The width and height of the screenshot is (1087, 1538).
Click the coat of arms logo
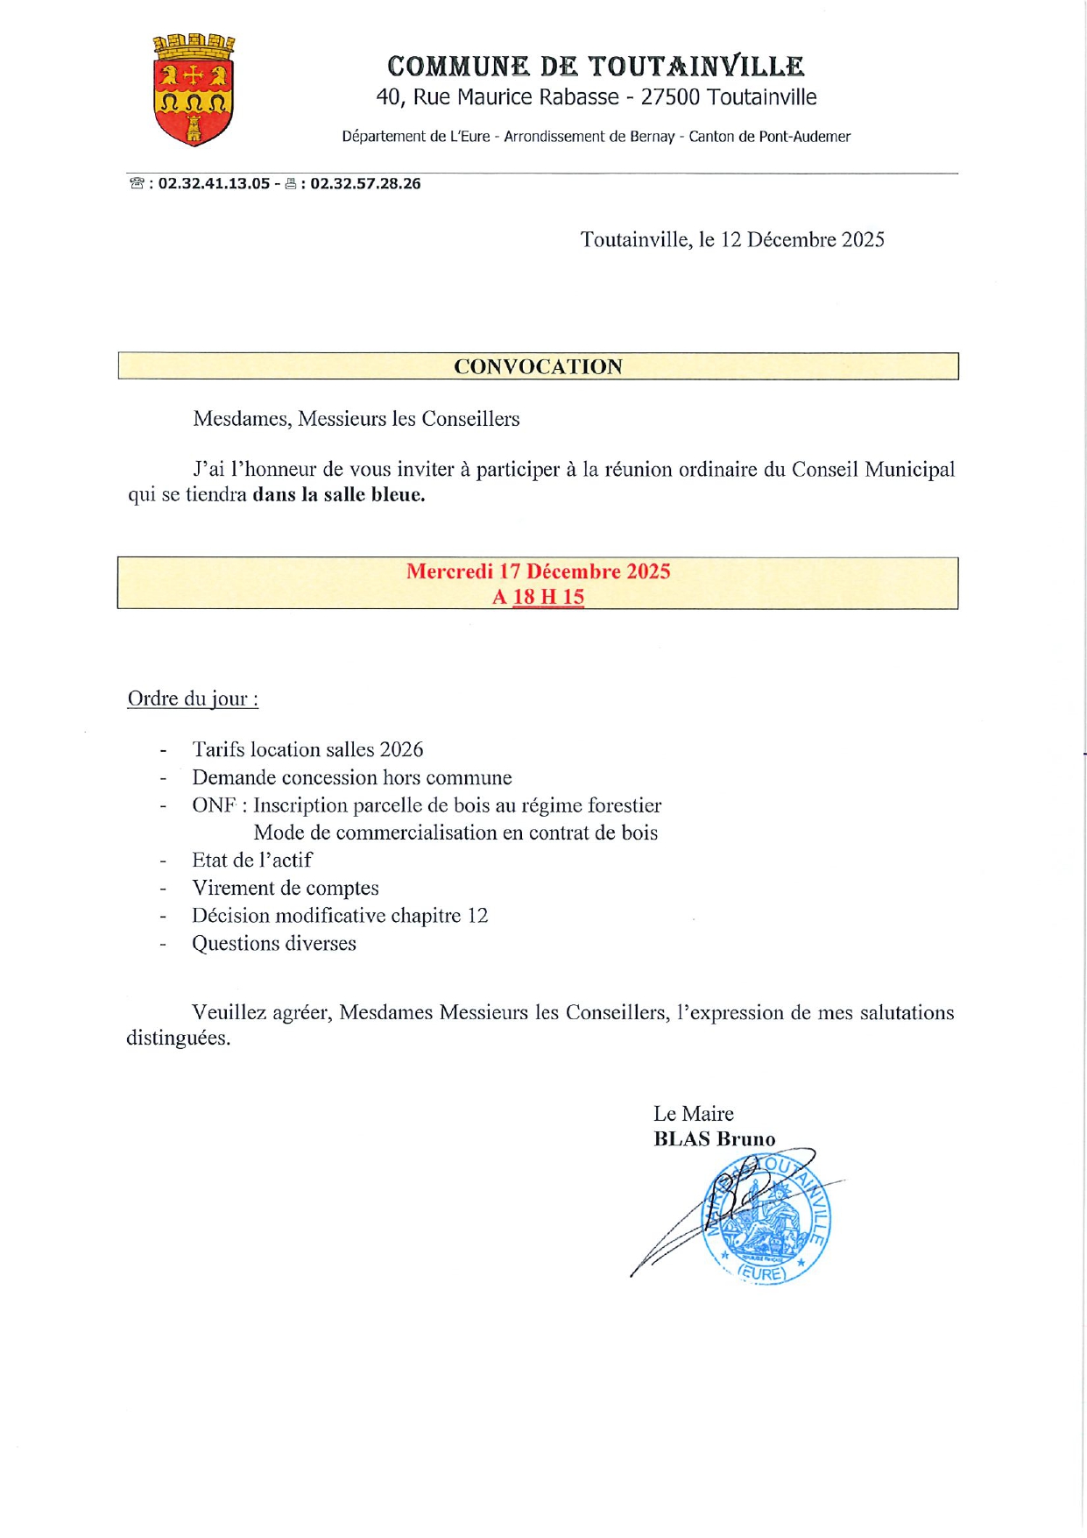pos(194,89)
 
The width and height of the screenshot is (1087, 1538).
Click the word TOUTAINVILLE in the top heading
pos(695,67)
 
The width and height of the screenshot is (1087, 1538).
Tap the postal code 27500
pos(670,97)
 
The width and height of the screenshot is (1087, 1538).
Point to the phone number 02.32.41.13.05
pos(214,184)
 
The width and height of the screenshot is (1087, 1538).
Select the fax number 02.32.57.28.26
pos(365,184)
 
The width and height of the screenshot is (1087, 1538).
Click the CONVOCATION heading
pos(538,366)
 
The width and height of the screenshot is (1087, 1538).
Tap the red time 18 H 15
pos(548,597)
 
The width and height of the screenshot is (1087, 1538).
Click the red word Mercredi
pos(449,571)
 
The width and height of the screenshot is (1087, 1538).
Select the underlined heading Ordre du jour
pos(193,698)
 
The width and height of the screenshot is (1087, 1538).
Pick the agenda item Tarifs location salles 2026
pos(307,749)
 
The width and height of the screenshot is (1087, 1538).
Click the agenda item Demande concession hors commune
pos(352,777)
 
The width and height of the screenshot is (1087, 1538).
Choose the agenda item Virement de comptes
pos(286,888)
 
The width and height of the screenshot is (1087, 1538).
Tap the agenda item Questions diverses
pos(274,943)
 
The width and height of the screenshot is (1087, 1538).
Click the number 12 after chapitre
pos(477,916)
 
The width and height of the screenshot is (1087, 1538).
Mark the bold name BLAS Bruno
pos(714,1139)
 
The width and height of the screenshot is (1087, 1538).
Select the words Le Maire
pos(693,1114)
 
